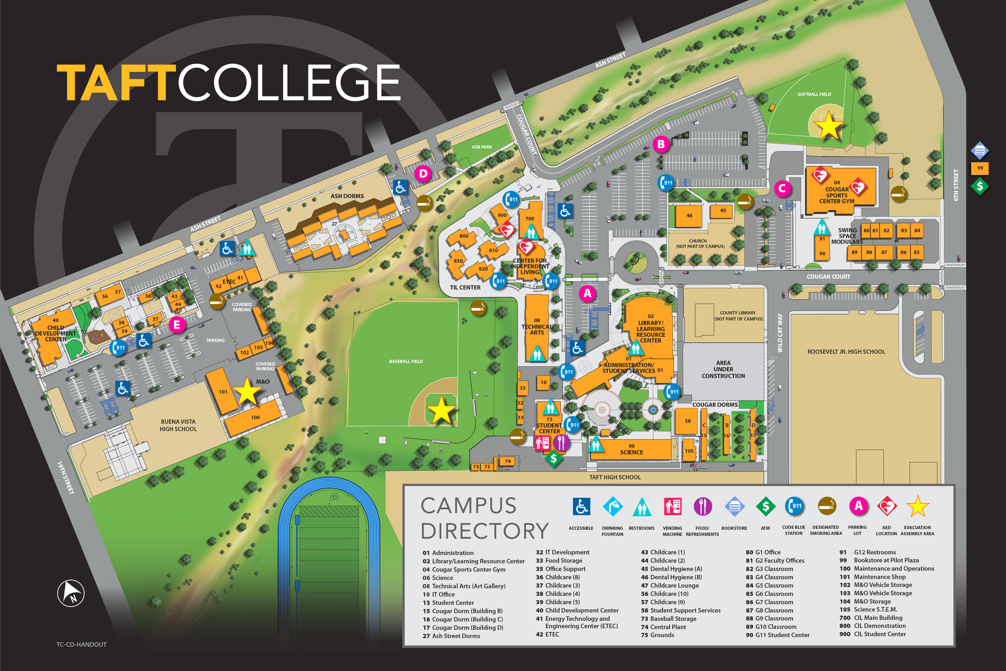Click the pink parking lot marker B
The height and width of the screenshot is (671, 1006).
[x=661, y=144]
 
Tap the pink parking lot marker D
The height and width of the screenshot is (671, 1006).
[x=423, y=174]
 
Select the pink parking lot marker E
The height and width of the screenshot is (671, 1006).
[x=177, y=325]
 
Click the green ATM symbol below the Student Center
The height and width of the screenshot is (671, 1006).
[x=553, y=459]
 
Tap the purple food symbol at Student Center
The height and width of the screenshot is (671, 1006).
[x=561, y=443]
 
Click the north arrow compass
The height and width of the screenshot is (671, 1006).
[x=71, y=593]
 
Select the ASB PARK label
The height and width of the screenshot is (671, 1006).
[x=482, y=147]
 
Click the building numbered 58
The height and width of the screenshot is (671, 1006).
[x=687, y=421]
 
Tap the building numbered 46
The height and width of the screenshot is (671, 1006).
[x=689, y=216]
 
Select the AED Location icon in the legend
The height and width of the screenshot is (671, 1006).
[x=886, y=507]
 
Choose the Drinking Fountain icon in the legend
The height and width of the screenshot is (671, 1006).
[x=612, y=507]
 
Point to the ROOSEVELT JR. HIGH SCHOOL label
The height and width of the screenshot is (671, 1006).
[x=846, y=352]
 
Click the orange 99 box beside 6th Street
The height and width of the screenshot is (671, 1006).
[x=979, y=168]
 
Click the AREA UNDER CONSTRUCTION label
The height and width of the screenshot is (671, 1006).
[x=723, y=369]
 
